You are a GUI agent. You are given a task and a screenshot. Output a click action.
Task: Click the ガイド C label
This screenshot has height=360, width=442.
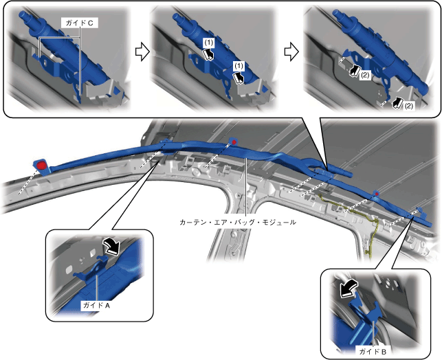tap(79, 23)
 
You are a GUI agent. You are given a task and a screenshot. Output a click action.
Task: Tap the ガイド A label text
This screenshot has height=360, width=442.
tap(96, 305)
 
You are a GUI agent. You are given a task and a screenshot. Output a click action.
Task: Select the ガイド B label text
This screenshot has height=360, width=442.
tap(373, 351)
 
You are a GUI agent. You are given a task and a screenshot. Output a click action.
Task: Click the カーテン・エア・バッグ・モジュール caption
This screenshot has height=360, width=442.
tap(238, 223)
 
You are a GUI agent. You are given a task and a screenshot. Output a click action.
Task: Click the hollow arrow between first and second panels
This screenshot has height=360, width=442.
tap(142, 52)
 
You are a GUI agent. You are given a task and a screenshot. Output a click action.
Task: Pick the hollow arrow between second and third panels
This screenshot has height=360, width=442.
tap(291, 52)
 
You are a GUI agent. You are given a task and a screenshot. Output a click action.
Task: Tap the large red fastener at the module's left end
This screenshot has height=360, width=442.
tap(42, 165)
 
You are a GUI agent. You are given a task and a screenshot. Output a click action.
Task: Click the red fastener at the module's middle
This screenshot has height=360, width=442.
tap(234, 142)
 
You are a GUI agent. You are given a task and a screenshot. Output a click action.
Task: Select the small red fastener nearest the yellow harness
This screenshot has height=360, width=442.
tap(376, 194)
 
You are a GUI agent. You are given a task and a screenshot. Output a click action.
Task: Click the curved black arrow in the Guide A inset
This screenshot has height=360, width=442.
tap(111, 246)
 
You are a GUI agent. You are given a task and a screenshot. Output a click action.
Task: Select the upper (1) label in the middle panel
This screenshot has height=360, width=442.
tap(209, 43)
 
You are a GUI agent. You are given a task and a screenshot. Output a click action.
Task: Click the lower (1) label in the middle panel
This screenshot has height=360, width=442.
tap(239, 66)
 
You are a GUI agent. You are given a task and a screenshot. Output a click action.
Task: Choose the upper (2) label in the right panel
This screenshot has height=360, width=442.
tap(365, 75)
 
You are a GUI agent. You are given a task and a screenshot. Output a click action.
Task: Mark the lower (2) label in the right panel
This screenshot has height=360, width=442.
tap(408, 106)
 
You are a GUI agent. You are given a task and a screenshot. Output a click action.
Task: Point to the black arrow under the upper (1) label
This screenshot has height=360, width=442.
tap(208, 54)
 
